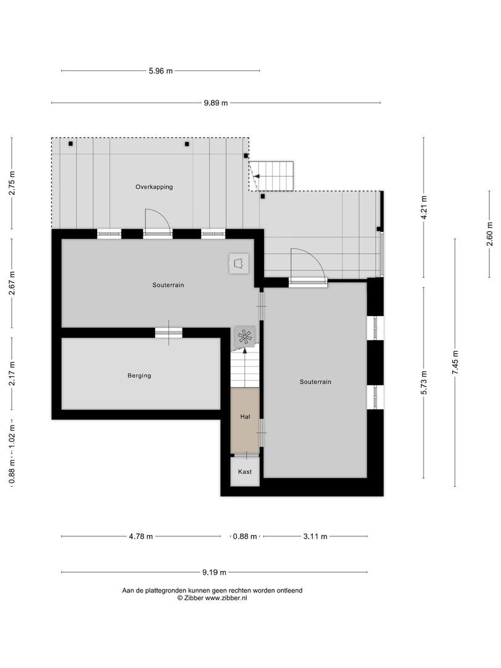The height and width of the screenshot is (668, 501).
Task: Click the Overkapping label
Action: [x=154, y=187]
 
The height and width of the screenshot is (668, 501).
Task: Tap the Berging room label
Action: [x=139, y=375]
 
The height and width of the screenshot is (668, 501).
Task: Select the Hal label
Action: [x=245, y=417]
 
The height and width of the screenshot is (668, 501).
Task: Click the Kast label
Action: [x=245, y=472]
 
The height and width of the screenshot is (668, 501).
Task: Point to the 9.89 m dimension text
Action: [x=215, y=103]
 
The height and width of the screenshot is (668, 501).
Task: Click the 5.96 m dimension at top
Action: [x=160, y=71]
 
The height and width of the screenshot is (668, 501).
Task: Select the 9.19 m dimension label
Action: [x=214, y=572]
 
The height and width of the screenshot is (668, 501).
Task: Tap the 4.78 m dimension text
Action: [x=140, y=537]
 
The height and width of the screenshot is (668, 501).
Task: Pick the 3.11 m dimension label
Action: [x=315, y=537]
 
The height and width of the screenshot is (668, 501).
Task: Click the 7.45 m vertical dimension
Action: [x=455, y=362]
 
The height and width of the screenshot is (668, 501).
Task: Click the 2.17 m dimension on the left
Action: [x=12, y=373]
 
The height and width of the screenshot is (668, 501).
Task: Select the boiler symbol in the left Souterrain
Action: [x=238, y=263]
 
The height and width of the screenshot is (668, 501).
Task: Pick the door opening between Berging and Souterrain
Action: [x=168, y=333]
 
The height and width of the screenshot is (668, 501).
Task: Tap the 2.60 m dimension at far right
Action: [x=490, y=234]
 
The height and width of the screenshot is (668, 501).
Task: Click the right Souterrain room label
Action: [x=315, y=382]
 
